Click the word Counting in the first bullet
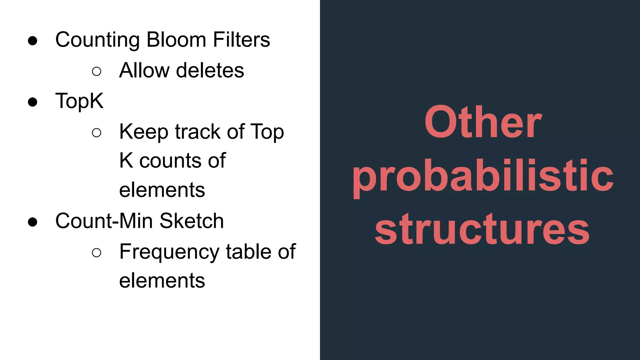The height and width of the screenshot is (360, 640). coord(97,40)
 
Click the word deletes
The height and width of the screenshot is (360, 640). coord(210,70)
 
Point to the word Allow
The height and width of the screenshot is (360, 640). coord(144,70)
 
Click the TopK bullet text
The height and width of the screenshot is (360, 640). coord(79,101)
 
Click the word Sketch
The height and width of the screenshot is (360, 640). coord(192,221)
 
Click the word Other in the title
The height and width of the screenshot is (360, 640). coord(483,122)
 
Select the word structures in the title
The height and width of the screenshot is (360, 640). coord(482,229)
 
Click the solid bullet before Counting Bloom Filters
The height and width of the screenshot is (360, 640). coord(32,41)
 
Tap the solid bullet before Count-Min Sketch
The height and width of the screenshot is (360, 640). coord(32,222)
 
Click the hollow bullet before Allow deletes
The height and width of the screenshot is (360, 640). coord(97,72)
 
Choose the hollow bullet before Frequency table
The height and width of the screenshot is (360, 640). coord(97,252)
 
